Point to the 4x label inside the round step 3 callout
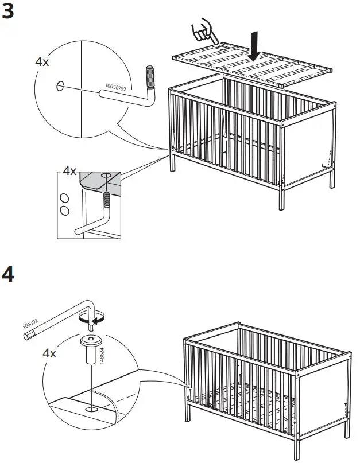coord(42,62)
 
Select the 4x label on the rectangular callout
coord(69,171)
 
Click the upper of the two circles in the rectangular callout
coord(65,199)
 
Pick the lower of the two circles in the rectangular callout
coord(65,211)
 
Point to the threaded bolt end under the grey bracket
coord(107,200)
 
